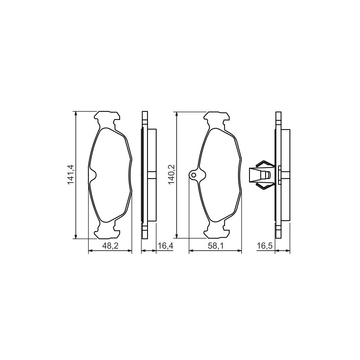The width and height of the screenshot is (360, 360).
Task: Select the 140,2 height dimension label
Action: [x=172, y=175]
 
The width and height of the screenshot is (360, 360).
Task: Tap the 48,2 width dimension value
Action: [x=110, y=246]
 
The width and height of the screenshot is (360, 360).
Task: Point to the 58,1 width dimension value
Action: [x=216, y=246]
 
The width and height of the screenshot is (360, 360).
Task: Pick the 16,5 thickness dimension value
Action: [x=264, y=246]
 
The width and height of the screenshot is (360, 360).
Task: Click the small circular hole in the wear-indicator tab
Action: [x=194, y=175]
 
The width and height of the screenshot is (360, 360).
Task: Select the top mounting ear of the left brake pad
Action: [x=107, y=119]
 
